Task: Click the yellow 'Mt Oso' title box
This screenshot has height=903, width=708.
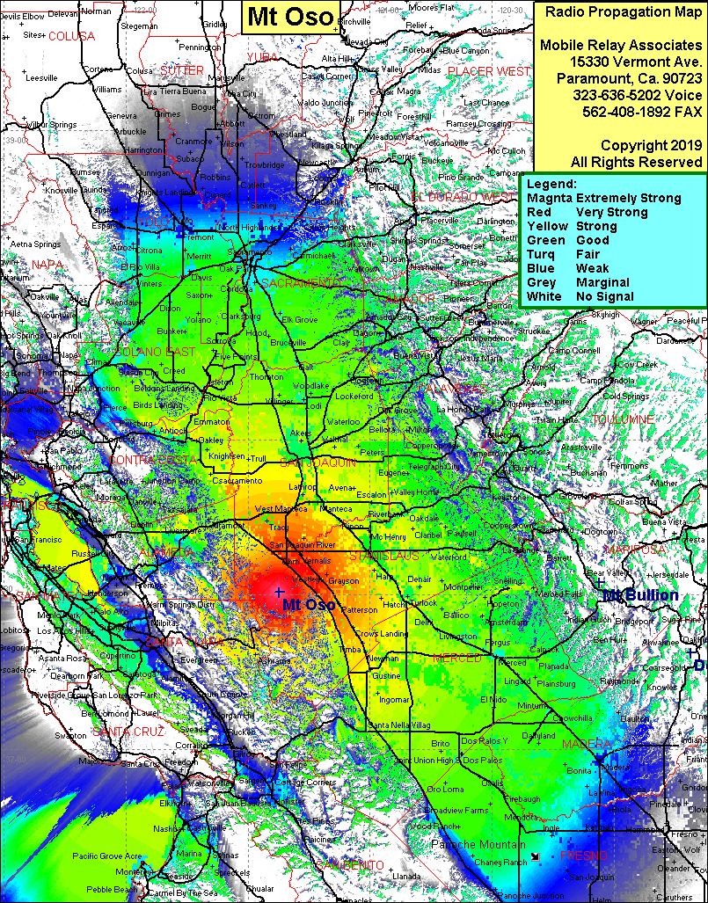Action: click(289, 16)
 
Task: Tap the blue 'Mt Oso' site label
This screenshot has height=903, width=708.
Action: click(308, 605)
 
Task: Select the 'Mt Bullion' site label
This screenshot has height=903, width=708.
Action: click(640, 595)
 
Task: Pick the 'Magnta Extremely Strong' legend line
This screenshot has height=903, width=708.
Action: click(603, 198)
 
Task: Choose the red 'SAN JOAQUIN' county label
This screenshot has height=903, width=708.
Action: click(318, 462)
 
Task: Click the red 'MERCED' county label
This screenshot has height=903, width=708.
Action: click(457, 659)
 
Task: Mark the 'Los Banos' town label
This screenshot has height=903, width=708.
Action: click(478, 740)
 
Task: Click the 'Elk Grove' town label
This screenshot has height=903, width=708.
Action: click(299, 320)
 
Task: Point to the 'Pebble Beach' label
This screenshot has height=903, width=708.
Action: click(112, 889)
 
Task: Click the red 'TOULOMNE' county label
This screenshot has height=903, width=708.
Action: click(622, 420)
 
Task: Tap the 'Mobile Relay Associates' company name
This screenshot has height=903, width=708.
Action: click(619, 45)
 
